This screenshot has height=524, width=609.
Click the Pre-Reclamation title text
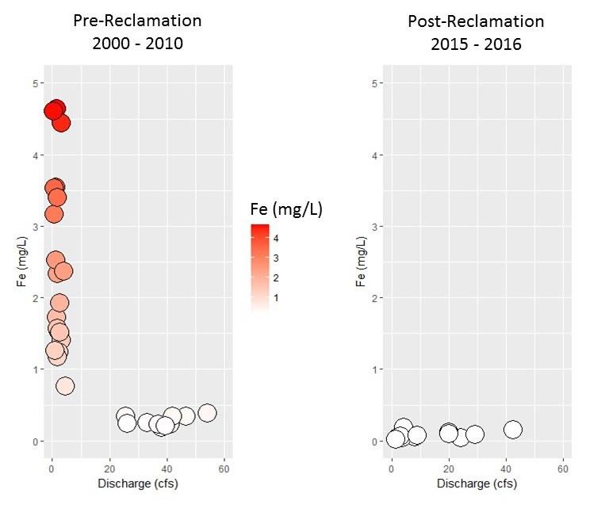tap(137, 20)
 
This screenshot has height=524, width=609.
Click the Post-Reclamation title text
tap(476, 21)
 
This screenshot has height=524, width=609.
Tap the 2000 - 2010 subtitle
tap(137, 44)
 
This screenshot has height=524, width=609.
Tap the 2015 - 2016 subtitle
tap(476, 44)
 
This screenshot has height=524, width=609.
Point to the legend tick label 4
tap(276, 238)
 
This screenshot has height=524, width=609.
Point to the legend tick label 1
tap(276, 297)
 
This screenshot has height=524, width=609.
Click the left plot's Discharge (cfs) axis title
tap(137, 484)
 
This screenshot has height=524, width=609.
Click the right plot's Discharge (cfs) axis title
tap(477, 484)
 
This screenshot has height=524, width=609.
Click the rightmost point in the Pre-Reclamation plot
tap(208, 412)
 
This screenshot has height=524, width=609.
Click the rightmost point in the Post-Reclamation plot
tap(512, 430)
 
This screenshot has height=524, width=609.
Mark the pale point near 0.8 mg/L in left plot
tap(65, 386)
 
